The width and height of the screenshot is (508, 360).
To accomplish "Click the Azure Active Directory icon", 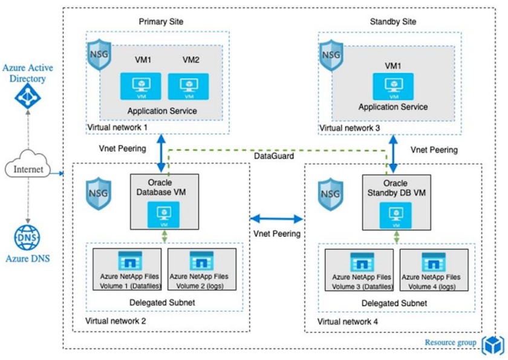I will click(27, 94).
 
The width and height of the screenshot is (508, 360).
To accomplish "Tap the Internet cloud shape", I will click(28, 169).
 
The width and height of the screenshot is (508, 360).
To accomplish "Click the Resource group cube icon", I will click(493, 344).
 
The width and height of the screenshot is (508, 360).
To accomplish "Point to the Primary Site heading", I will click(161, 22).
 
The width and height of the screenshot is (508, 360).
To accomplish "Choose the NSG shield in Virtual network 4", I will click(330, 192).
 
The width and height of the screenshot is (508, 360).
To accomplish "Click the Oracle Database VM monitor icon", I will click(162, 212).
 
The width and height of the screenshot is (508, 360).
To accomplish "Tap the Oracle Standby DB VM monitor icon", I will click(393, 212).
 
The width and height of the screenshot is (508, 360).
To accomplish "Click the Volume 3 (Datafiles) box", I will click(359, 269).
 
